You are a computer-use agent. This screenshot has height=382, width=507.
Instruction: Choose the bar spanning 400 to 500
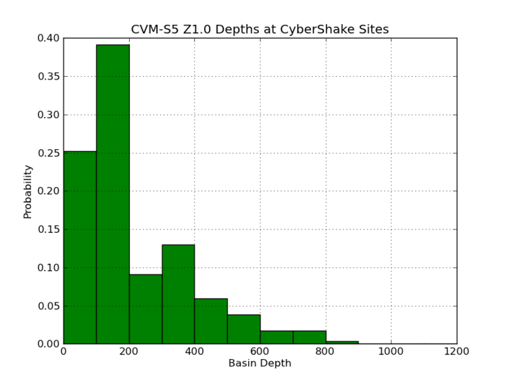(x=211, y=321)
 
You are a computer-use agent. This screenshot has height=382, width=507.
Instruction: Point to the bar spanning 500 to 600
(x=243, y=329)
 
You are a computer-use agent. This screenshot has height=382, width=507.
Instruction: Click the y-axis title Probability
(x=28, y=192)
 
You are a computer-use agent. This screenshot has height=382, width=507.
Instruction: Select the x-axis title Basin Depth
(x=260, y=364)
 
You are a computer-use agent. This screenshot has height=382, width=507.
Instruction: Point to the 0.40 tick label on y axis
(x=47, y=38)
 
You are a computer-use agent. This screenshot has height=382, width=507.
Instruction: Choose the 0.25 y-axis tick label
(x=47, y=153)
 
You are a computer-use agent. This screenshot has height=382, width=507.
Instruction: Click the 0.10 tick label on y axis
(x=47, y=268)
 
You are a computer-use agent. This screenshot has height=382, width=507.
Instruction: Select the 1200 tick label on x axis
(x=456, y=351)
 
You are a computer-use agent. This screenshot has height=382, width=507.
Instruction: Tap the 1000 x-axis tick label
(x=391, y=351)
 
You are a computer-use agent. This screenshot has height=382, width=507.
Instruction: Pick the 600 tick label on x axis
(x=260, y=351)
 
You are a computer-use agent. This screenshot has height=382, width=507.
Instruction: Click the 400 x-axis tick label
(x=195, y=351)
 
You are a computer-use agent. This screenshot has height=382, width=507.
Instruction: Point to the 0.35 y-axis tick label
(x=47, y=76)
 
